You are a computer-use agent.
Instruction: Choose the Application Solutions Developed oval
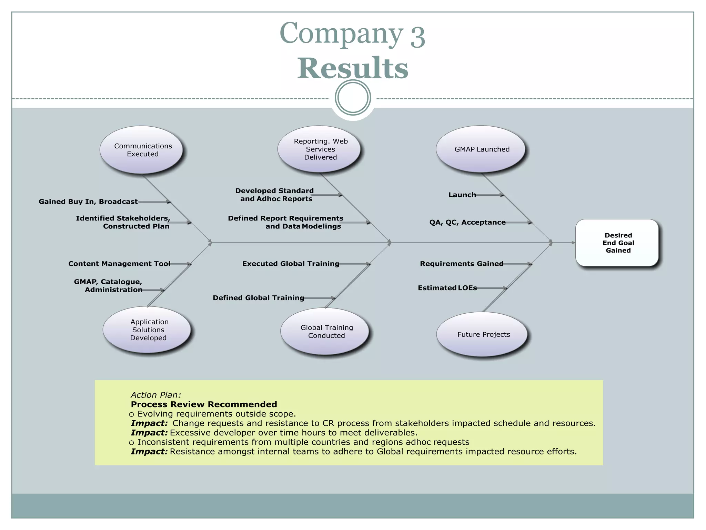[x=148, y=330]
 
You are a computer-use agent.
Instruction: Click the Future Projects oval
[x=482, y=334]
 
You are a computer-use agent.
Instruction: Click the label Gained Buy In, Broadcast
[x=88, y=202]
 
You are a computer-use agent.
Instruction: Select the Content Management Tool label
[x=119, y=264]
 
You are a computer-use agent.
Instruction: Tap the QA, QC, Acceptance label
[x=467, y=222]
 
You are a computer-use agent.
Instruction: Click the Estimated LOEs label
[x=447, y=288]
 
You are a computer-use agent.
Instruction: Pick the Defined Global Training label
[x=258, y=298]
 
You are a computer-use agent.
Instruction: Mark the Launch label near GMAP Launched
[x=462, y=195]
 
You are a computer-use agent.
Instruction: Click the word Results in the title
[x=353, y=68]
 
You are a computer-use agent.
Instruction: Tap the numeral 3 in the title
[x=417, y=37]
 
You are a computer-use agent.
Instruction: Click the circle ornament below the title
[x=353, y=98]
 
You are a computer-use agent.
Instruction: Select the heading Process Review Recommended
[x=204, y=404]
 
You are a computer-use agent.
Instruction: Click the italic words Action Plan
[x=155, y=395]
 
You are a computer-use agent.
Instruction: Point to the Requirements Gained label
[x=461, y=264]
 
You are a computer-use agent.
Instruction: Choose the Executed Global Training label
[x=291, y=264]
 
